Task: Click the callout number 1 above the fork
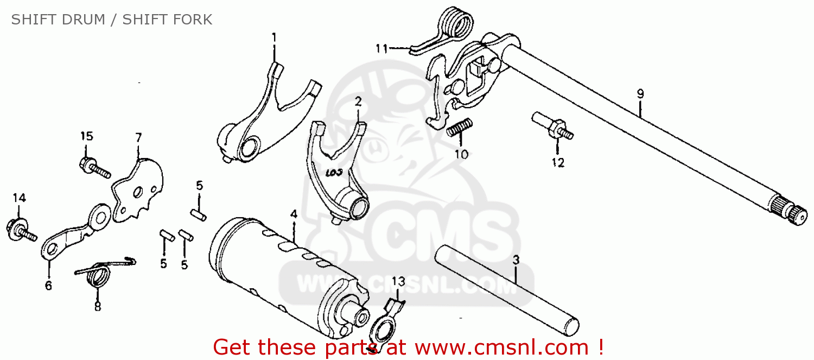point(274,37)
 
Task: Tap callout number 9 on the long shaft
point(640,94)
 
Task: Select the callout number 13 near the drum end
point(398,281)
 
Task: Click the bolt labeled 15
point(95,167)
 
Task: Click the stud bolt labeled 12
point(553,127)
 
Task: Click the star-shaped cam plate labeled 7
point(138,190)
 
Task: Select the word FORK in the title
point(190,20)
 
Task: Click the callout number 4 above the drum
point(294,214)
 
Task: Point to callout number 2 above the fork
point(358,102)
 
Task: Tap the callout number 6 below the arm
point(48,286)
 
